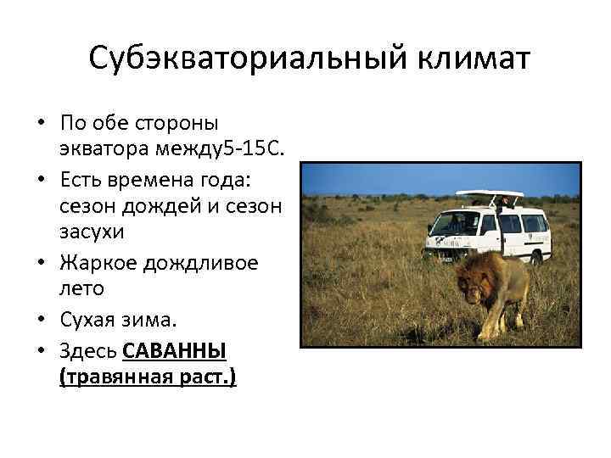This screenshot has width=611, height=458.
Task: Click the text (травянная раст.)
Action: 148,377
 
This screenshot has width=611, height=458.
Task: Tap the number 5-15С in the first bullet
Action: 245,149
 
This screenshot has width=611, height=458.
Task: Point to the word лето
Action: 82,288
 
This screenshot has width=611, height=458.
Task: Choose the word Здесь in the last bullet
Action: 89,351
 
